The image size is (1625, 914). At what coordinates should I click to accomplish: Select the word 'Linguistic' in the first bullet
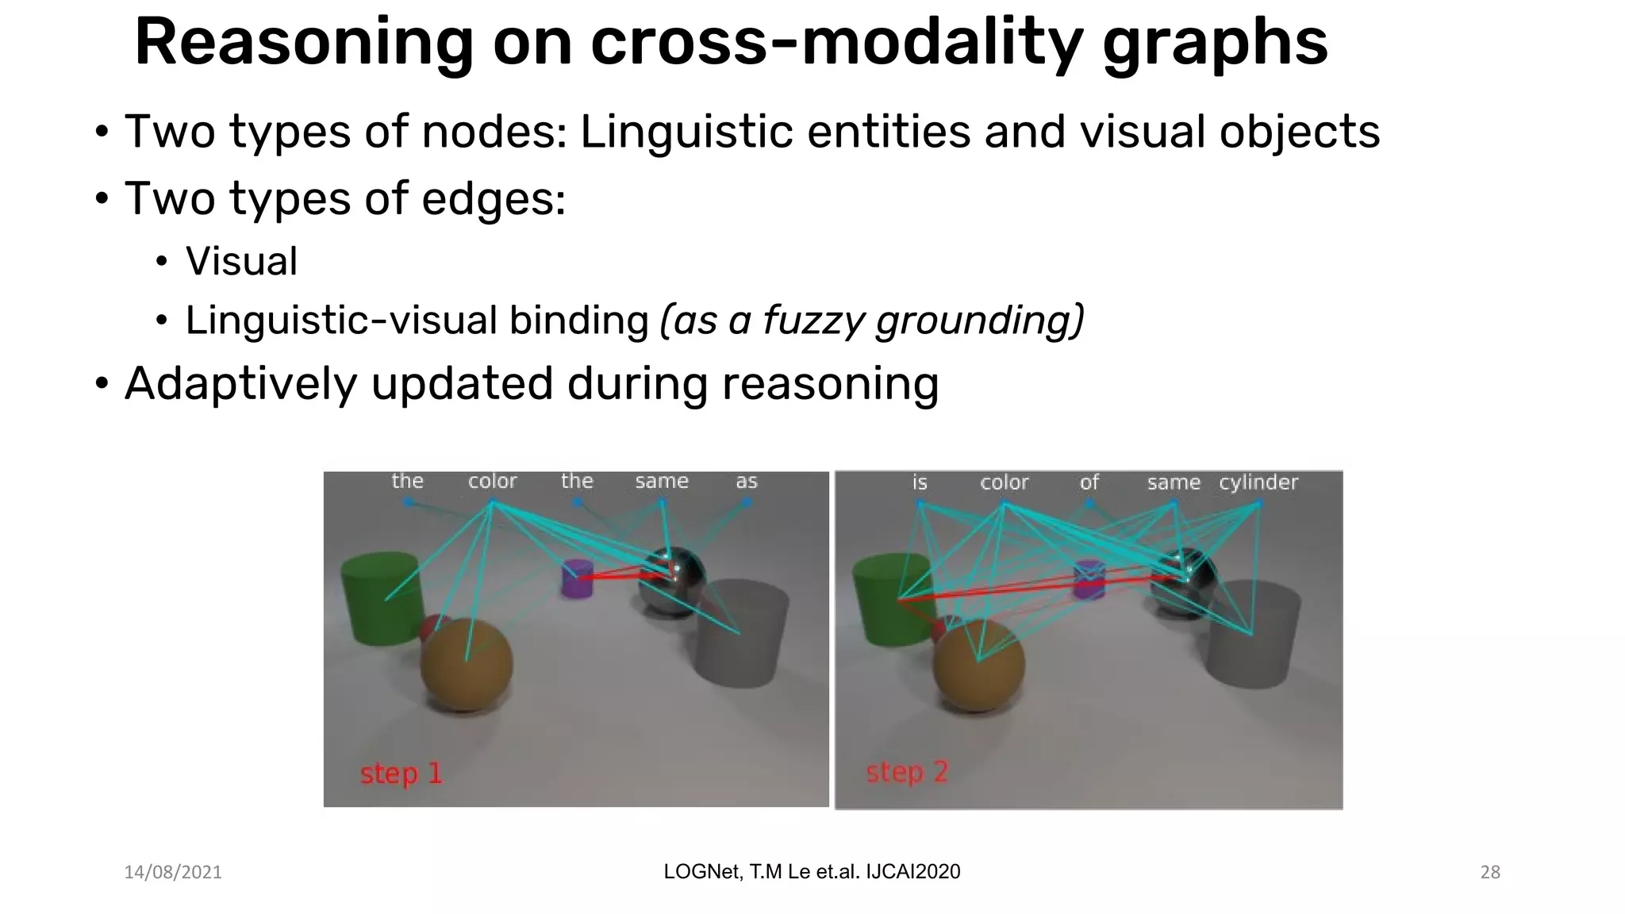coord(686,132)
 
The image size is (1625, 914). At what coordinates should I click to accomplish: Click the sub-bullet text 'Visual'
coord(241,262)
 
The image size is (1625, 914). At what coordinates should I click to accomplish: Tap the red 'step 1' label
coord(401,773)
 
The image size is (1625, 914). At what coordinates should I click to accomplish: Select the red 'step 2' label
coord(907,772)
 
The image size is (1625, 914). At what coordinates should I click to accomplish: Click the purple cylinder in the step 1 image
coord(577,579)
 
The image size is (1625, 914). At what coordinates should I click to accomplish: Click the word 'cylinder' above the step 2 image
coord(1258,482)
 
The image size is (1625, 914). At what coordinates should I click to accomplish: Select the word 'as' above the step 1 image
coord(746,482)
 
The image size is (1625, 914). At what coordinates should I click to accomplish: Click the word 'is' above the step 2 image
coord(919,482)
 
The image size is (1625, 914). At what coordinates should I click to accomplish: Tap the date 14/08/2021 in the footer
coord(173,872)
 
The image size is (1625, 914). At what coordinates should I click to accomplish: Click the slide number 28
coord(1490,872)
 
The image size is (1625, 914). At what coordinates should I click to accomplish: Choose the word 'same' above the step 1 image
coord(661,481)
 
